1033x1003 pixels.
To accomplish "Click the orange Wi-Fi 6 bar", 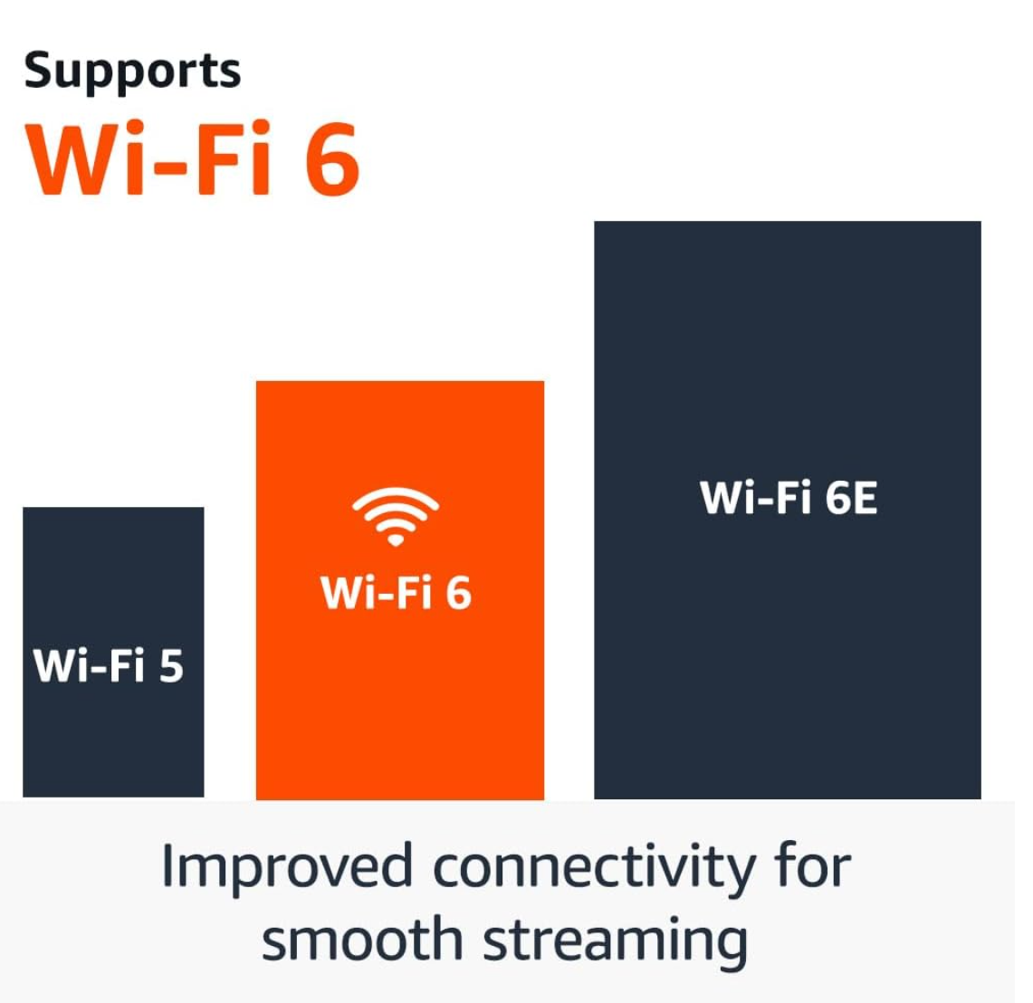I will pyautogui.click(x=399, y=706).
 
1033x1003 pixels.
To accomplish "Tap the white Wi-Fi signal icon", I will pyautogui.click(x=396, y=516).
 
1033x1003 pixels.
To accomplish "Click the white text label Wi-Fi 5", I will pyautogui.click(x=109, y=665).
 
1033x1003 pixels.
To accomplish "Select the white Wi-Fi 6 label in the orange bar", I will pyautogui.click(x=396, y=593).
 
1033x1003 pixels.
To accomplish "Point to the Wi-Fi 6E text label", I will pyautogui.click(x=789, y=498).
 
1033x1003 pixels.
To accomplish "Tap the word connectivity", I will pyautogui.click(x=593, y=867).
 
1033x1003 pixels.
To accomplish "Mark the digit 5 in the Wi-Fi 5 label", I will pyautogui.click(x=171, y=665).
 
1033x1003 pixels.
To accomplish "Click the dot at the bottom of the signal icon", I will pyautogui.click(x=396, y=540).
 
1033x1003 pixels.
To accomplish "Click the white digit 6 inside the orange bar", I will pyautogui.click(x=458, y=593).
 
